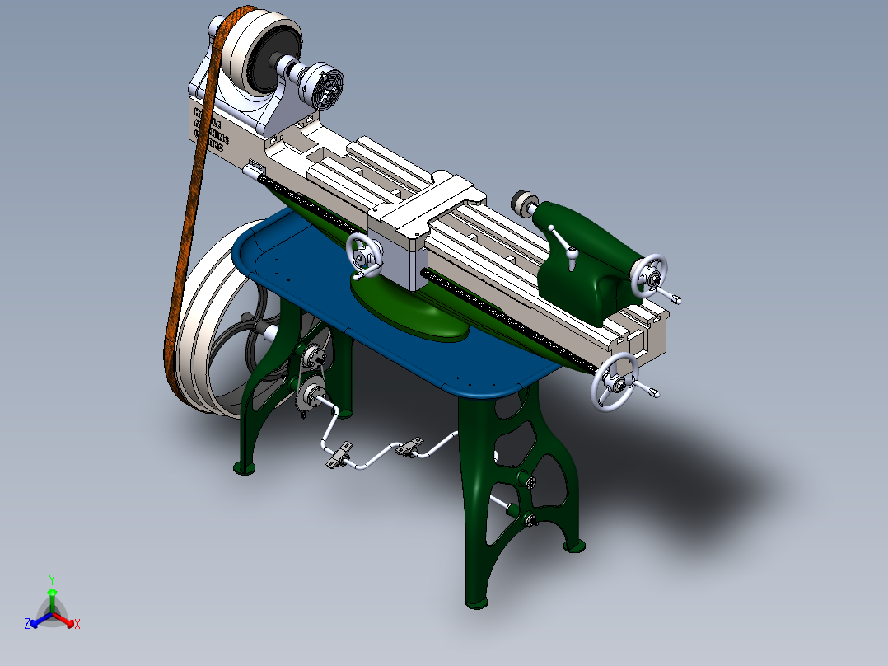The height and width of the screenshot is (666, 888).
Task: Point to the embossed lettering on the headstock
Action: [x=209, y=128]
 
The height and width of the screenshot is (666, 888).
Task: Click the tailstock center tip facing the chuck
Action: [x=521, y=200]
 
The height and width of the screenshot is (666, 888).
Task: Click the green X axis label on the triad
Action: [x=77, y=625]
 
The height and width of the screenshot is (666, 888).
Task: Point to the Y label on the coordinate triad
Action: [x=52, y=579]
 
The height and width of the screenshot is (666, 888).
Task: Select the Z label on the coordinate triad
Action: [x=27, y=625]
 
